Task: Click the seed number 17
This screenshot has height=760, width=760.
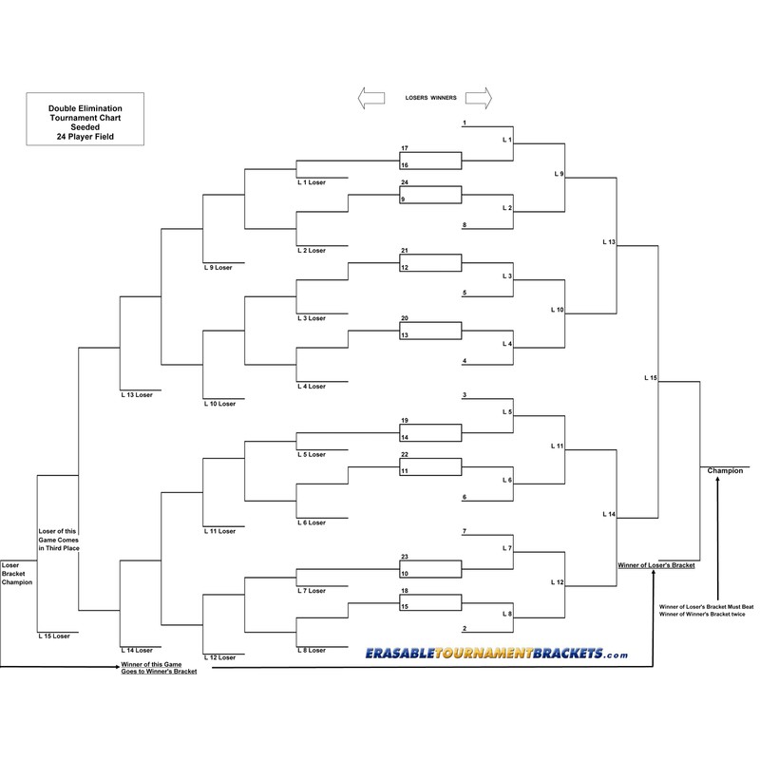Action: pos(405,149)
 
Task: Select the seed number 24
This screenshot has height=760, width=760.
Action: pos(405,182)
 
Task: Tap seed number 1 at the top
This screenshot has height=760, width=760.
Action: pos(464,123)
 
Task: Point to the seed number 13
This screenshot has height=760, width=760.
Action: pos(405,335)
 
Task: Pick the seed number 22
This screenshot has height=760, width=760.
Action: pos(405,455)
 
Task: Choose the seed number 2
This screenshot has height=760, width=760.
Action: pos(464,628)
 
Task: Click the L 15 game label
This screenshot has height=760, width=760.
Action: pos(651,378)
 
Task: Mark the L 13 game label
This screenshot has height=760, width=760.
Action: pos(609,242)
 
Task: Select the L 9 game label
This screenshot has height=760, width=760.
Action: pos(559,174)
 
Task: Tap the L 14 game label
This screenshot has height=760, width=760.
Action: pos(609,514)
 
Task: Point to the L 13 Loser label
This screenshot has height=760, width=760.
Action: pos(138,394)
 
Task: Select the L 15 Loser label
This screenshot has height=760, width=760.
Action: pos(54,636)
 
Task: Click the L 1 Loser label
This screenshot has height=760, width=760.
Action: pos(312,182)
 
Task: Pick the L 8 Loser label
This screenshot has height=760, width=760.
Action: pos(312,650)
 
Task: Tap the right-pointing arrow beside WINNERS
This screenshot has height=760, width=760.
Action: pos(478,97)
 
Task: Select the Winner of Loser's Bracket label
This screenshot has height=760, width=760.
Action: pos(655,565)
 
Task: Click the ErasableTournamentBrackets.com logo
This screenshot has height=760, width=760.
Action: pos(497,654)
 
